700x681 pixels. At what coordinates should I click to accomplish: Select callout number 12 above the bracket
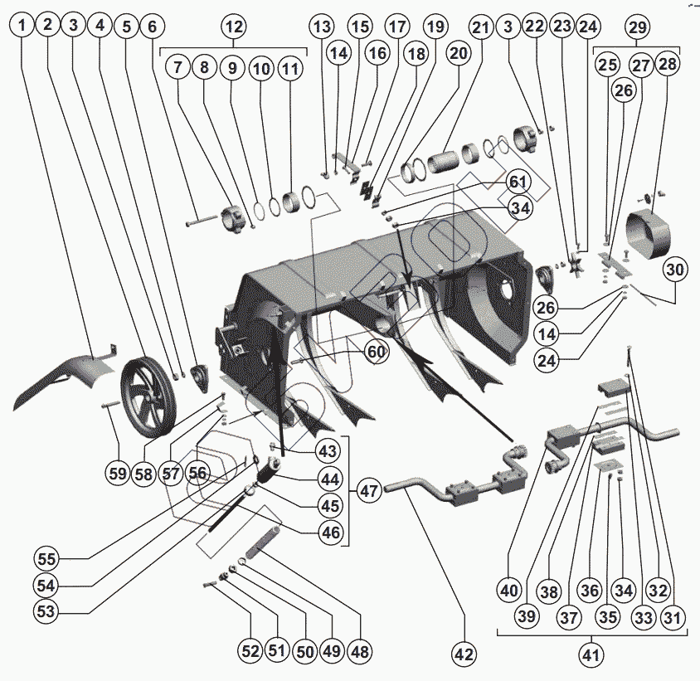click(x=234, y=26)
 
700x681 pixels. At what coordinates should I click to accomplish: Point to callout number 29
click(x=637, y=27)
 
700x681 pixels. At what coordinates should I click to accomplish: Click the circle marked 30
click(x=675, y=269)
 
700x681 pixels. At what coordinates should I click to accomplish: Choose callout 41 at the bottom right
click(x=590, y=655)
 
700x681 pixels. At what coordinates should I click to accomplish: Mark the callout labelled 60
click(x=376, y=353)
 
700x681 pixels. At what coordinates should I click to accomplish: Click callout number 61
click(x=518, y=181)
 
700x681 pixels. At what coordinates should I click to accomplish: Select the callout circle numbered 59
click(x=117, y=474)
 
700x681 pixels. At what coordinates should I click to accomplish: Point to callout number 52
click(x=250, y=651)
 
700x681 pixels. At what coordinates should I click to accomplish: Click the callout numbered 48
click(x=361, y=651)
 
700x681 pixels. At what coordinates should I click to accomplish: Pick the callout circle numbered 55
click(x=46, y=557)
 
